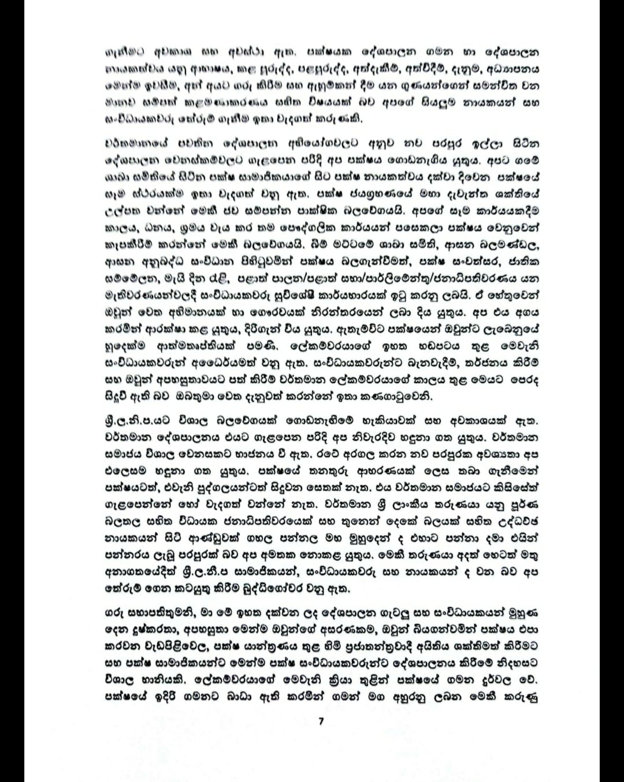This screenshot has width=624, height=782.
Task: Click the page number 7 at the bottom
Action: [321, 720]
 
